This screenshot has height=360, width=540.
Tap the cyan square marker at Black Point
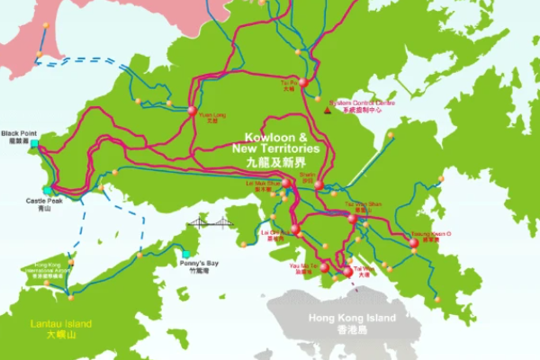(35, 144)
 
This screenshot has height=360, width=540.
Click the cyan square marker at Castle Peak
(47, 190)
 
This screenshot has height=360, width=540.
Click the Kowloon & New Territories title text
(275, 144)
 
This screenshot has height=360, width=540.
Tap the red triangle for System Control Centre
(326, 111)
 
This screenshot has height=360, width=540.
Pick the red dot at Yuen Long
(192, 111)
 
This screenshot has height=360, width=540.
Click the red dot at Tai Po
(303, 82)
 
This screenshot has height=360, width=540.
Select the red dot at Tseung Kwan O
(413, 242)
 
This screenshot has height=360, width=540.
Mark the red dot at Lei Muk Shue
(286, 183)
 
